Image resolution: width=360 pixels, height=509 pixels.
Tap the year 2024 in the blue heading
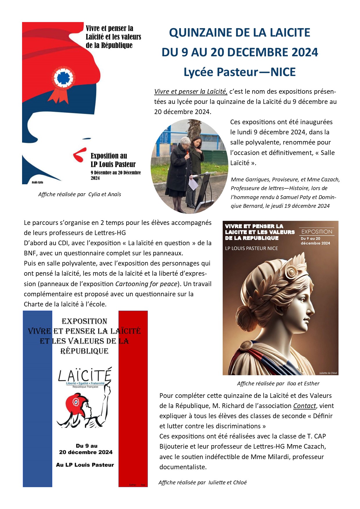(305, 52)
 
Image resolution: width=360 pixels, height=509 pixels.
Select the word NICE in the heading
(283, 72)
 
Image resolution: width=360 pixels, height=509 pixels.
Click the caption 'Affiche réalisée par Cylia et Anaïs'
(80, 194)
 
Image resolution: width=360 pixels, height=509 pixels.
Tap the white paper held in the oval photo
(193, 184)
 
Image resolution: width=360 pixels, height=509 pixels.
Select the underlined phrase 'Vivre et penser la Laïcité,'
(191, 92)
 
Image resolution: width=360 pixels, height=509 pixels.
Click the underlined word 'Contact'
(304, 406)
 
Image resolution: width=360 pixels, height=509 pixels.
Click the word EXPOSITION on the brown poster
(317, 232)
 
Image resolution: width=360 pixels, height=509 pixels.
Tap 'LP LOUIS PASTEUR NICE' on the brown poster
(251, 248)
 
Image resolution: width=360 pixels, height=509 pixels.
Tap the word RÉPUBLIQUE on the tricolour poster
(84, 351)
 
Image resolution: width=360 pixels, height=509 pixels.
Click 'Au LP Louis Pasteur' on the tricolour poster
(85, 465)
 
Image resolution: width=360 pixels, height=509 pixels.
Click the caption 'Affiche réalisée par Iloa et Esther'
(278, 384)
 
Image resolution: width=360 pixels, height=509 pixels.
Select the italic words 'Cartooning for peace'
(146, 284)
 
